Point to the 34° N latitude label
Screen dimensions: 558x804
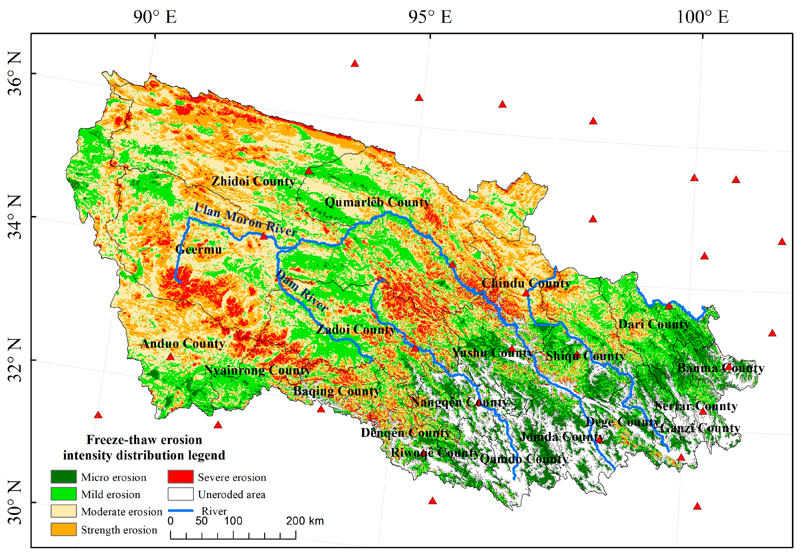click(x=15, y=217)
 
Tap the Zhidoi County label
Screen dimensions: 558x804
click(x=253, y=181)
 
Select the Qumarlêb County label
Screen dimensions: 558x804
click(x=377, y=202)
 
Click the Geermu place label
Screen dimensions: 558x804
click(x=199, y=249)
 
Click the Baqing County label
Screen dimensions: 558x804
click(x=336, y=391)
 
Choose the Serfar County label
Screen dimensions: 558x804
click(x=696, y=406)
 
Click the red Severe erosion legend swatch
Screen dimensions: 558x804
click(x=180, y=476)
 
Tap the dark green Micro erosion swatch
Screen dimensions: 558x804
click(x=63, y=476)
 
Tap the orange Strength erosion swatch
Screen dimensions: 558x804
click(x=63, y=529)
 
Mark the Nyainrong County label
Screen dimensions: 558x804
click(x=257, y=370)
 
